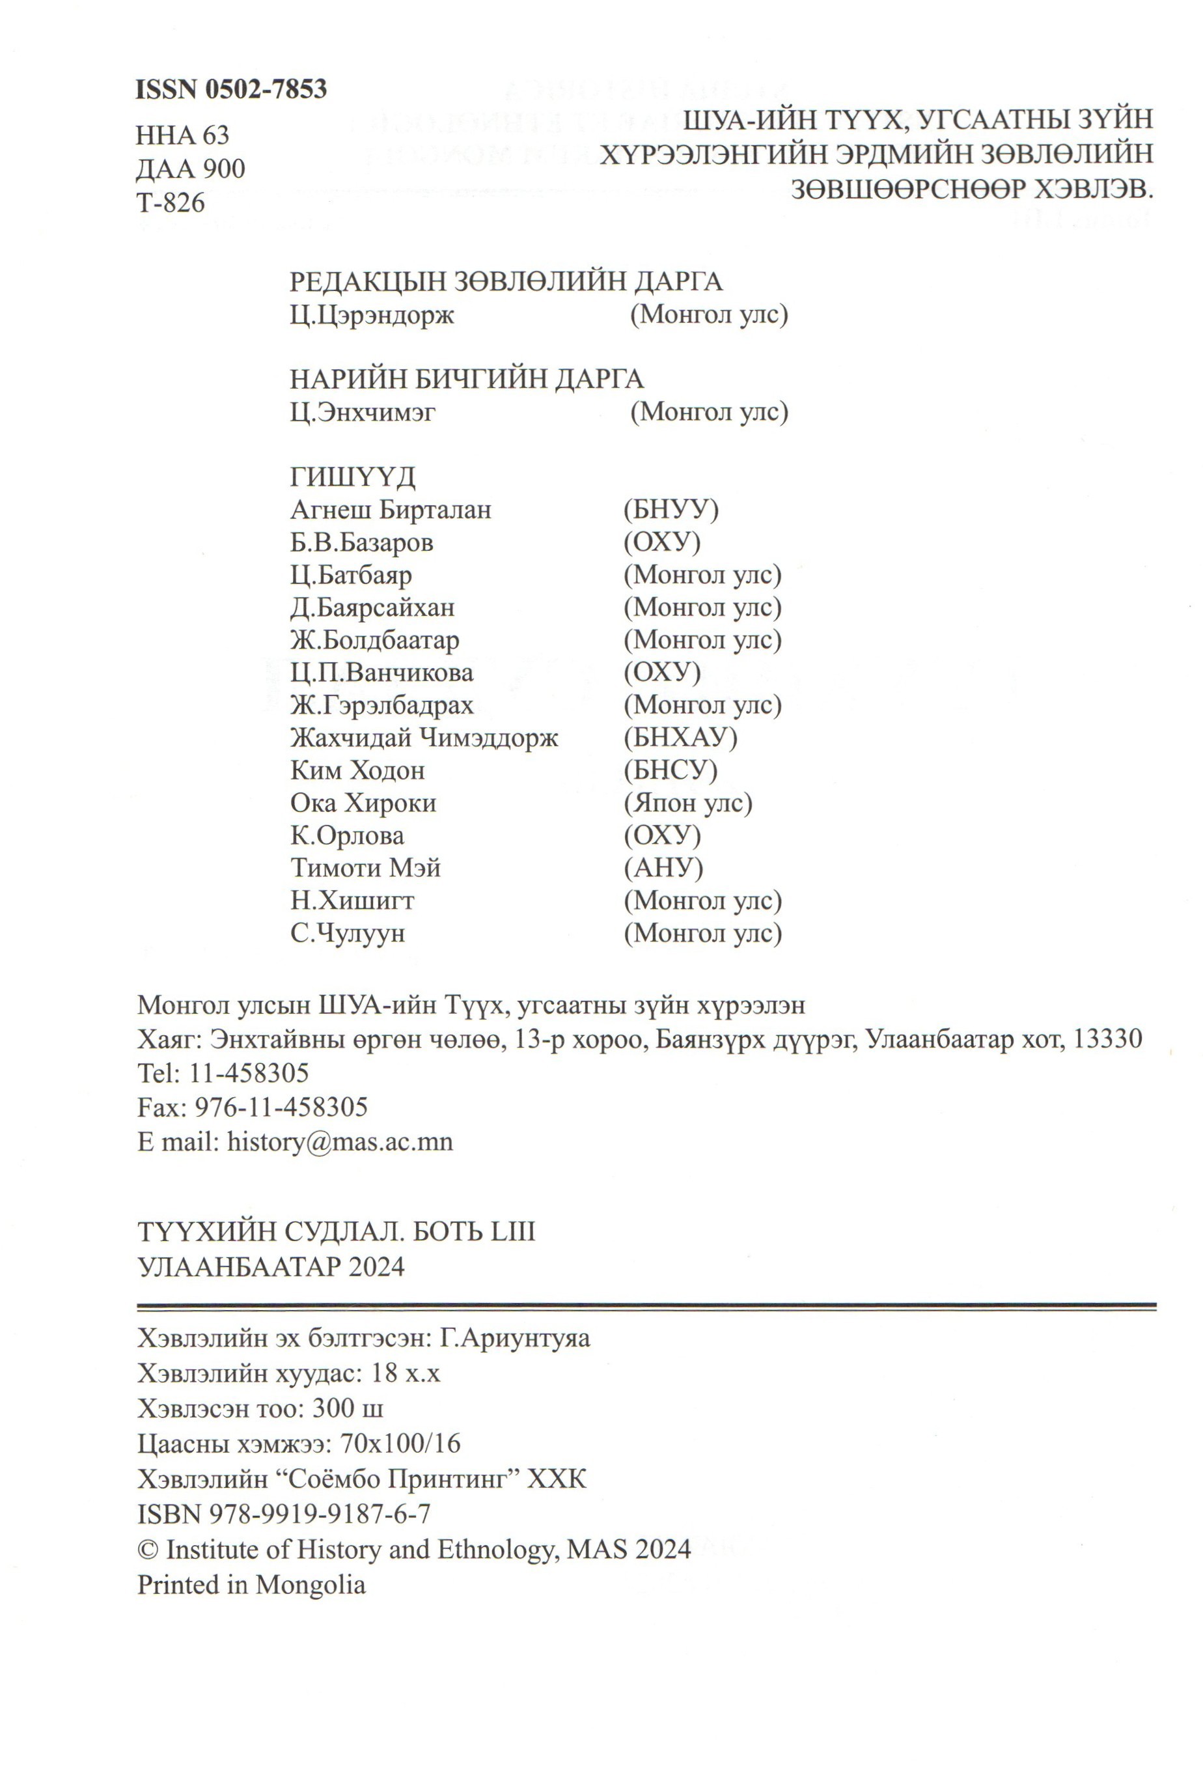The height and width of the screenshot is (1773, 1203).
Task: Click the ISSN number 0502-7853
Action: pyautogui.click(x=266, y=90)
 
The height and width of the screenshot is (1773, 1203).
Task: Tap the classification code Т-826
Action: pyautogui.click(x=171, y=203)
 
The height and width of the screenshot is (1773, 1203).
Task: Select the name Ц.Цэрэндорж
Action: pyautogui.click(x=372, y=315)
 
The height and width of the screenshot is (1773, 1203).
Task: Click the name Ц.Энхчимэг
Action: pyautogui.click(x=363, y=412)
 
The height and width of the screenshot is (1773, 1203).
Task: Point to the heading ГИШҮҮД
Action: pyautogui.click(x=352, y=477)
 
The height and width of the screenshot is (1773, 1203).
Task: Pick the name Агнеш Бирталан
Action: pyautogui.click(x=391, y=510)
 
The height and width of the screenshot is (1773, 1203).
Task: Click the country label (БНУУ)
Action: pyautogui.click(x=671, y=510)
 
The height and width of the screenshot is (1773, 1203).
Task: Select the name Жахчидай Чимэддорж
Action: pyautogui.click(x=424, y=738)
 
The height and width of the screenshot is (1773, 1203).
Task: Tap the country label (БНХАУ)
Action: pyautogui.click(x=680, y=738)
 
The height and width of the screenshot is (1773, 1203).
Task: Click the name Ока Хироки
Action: pyautogui.click(x=363, y=803)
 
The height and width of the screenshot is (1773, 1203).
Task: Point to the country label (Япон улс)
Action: pyautogui.click(x=688, y=803)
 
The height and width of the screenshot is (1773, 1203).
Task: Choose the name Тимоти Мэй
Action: pyautogui.click(x=365, y=868)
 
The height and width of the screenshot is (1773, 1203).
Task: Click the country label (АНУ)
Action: pyautogui.click(x=663, y=868)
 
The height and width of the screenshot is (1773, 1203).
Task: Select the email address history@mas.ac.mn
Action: pyautogui.click(x=340, y=1141)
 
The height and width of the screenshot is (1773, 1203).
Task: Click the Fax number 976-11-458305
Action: pyautogui.click(x=281, y=1107)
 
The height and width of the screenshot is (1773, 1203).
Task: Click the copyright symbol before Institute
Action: pyautogui.click(x=147, y=1550)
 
